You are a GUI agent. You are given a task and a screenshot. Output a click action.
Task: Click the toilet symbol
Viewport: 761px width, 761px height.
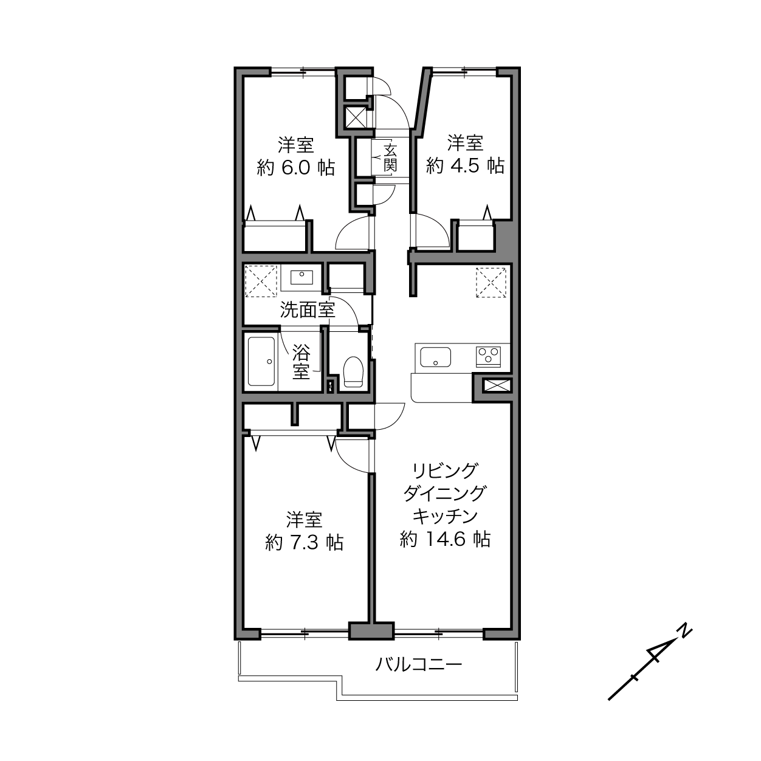pyautogui.click(x=353, y=371)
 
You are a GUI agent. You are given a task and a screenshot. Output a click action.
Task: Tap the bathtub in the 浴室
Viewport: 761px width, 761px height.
pyautogui.click(x=261, y=361)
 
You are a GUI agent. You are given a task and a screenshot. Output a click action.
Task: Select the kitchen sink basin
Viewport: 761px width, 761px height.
pyautogui.click(x=435, y=357)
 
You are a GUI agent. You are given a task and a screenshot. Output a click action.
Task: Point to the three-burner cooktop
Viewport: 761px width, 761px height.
pyautogui.click(x=488, y=357)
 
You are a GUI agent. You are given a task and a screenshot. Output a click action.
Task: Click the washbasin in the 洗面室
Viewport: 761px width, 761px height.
pyautogui.click(x=301, y=277)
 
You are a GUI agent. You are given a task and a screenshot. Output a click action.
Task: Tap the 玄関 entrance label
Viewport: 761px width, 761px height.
pyautogui.click(x=390, y=158)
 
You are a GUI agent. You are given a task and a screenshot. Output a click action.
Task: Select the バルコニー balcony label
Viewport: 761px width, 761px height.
pyautogui.click(x=418, y=664)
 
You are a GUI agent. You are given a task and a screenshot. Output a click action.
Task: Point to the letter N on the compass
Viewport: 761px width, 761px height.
pyautogui.click(x=685, y=641)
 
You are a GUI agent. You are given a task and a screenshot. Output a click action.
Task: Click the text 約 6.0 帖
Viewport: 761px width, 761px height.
pyautogui.click(x=296, y=168)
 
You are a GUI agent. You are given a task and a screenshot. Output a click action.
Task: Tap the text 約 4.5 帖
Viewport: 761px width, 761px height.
pyautogui.click(x=465, y=165)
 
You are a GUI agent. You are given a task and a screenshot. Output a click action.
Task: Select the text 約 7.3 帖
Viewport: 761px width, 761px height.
pyautogui.click(x=304, y=543)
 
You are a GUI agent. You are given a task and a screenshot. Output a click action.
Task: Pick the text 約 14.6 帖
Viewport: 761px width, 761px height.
pyautogui.click(x=445, y=539)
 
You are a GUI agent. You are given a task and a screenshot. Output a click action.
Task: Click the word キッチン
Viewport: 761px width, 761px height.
pyautogui.click(x=445, y=516)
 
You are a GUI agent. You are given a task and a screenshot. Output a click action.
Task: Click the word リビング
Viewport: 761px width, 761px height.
pyautogui.click(x=445, y=470)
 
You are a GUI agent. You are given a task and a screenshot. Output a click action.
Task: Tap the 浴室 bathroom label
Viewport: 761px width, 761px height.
pyautogui.click(x=301, y=362)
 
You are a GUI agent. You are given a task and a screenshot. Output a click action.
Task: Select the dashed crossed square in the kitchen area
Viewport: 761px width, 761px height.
pyautogui.click(x=491, y=283)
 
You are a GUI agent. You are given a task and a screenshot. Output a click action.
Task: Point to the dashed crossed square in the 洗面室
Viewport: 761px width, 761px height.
pyautogui.click(x=261, y=281)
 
